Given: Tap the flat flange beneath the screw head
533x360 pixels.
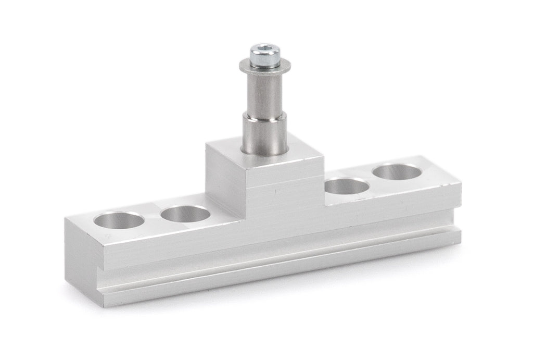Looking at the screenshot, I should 264,67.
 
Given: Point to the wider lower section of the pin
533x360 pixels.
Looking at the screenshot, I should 264,133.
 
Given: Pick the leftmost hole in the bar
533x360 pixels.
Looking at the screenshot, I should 119,220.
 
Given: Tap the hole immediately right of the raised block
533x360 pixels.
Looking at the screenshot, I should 346,186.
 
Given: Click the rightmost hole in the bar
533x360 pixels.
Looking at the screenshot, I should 398,171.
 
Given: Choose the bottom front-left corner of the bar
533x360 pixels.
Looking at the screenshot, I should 105,304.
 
